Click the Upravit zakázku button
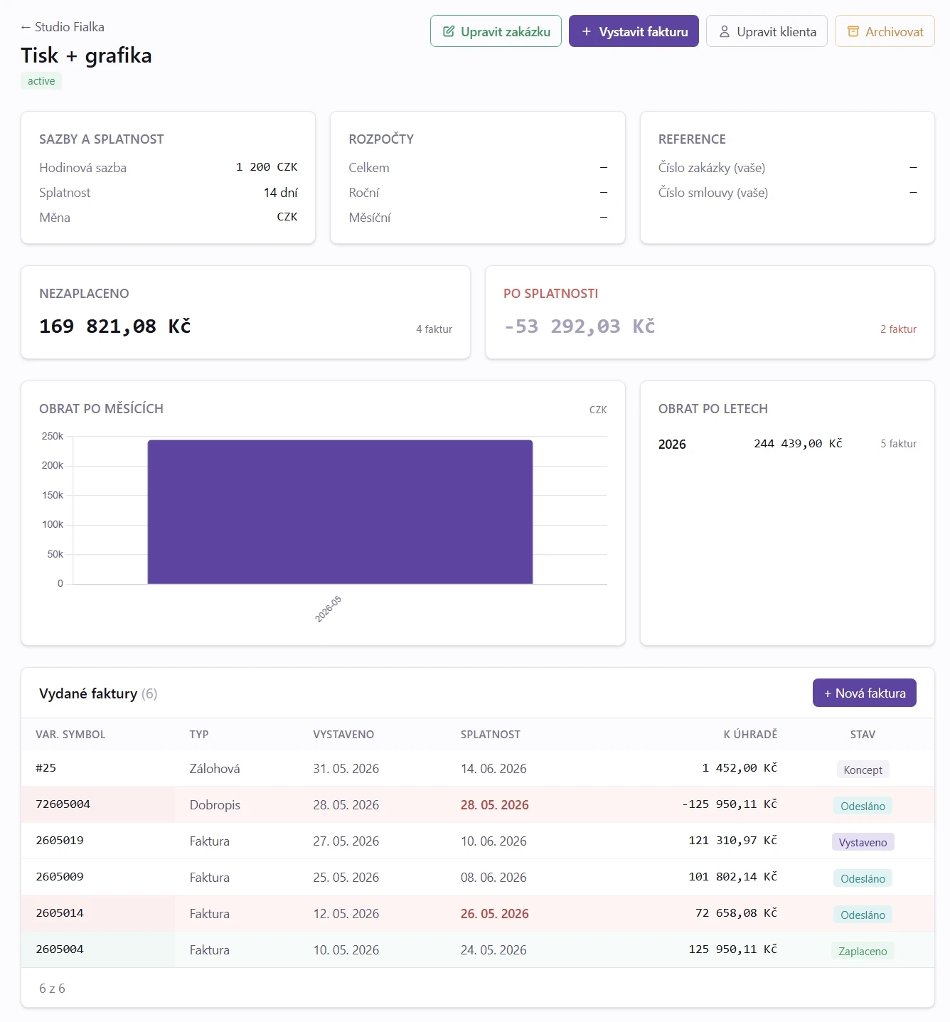[496, 31]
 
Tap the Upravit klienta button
[767, 31]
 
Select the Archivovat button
[884, 31]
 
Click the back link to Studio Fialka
[63, 27]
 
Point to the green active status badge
[41, 81]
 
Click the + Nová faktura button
[864, 693]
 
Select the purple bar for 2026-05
[340, 511]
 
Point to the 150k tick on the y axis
[53, 495]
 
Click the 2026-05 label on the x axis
[328, 609]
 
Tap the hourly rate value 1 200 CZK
[267, 167]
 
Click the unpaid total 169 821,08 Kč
[114, 326]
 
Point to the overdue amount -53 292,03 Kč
[579, 326]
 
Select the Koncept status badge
[863, 770]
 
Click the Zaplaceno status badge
[863, 951]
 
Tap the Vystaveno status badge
[863, 842]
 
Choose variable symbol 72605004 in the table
[63, 804]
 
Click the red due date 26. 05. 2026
[494, 913]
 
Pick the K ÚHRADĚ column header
[749, 734]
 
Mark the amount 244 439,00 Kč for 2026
[798, 444]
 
